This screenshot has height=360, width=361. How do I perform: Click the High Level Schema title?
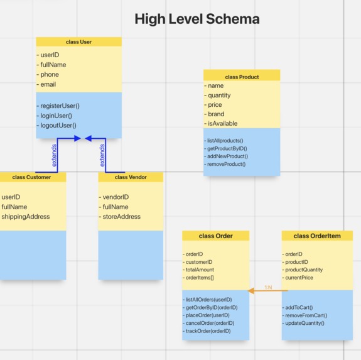click(x=197, y=19)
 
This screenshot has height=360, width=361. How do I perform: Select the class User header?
click(x=78, y=42)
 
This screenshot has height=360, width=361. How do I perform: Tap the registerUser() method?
click(x=61, y=106)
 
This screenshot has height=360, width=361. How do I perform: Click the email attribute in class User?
click(x=48, y=85)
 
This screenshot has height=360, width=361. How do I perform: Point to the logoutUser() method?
click(x=58, y=126)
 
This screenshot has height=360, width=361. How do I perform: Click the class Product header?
click(x=242, y=77)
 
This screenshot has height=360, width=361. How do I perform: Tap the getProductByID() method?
click(x=227, y=148)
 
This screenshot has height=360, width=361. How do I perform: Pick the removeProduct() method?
click(x=226, y=164)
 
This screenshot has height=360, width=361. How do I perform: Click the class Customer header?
click(x=31, y=177)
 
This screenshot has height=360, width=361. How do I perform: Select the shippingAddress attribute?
click(x=25, y=217)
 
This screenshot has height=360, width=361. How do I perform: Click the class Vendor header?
click(x=131, y=177)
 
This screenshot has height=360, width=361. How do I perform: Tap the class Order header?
click(x=215, y=236)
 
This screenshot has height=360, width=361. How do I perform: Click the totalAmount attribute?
click(x=200, y=270)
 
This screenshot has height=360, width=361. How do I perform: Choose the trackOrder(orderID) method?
click(x=208, y=331)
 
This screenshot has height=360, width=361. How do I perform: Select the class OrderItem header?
click(x=317, y=236)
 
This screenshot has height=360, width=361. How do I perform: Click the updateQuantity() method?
click(x=304, y=323)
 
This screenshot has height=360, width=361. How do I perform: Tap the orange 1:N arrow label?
click(x=268, y=287)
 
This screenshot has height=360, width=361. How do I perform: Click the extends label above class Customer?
click(x=55, y=155)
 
